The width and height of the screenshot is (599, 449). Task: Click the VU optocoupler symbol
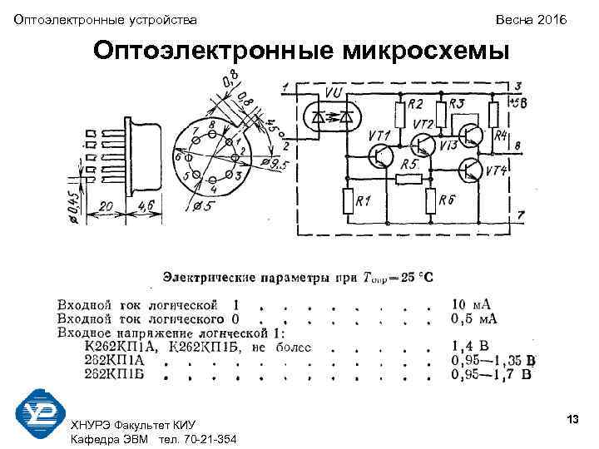point(331,116)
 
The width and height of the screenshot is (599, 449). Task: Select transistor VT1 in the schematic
point(382,155)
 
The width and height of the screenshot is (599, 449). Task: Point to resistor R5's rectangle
point(408,179)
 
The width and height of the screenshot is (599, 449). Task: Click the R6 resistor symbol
point(429,200)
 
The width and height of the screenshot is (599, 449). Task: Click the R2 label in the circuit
point(415,105)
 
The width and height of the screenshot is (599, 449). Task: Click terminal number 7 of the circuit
point(520,215)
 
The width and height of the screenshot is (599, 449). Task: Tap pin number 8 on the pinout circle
point(212,125)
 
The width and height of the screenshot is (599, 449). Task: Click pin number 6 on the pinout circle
point(176,156)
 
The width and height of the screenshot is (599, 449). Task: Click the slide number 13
point(572,420)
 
